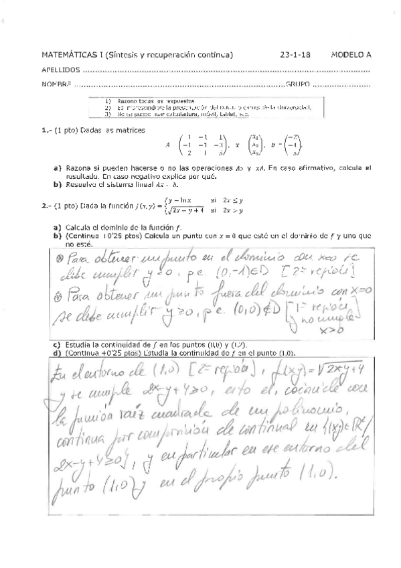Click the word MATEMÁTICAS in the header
click(64, 55)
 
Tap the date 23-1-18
click(295, 55)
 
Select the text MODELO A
click(351, 55)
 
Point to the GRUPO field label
click(299, 84)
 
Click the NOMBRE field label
click(56, 84)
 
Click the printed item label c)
click(57, 343)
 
